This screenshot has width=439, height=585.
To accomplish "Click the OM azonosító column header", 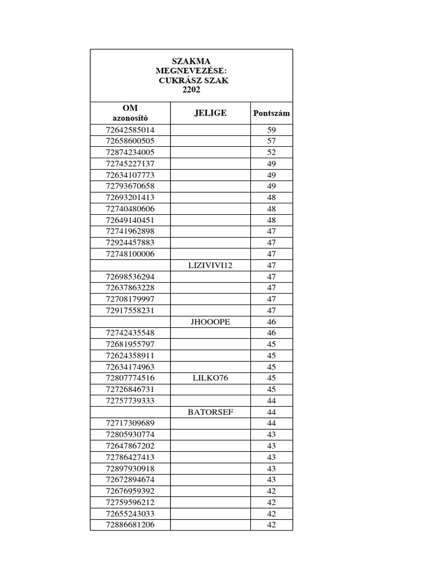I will coord(130,113).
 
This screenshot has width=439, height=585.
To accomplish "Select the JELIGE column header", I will coord(210,113).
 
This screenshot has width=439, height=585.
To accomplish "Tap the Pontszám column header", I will coord(272,113).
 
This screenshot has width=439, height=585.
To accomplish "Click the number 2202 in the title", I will coord(191,90).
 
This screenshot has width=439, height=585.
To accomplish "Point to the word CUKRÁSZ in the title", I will coord(179,81).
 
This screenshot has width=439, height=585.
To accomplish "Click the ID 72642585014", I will coord(130,130).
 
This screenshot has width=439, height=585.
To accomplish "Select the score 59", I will coord(272,130).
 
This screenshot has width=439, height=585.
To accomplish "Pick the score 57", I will coord(272,141).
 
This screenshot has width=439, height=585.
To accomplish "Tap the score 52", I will coord(272,153).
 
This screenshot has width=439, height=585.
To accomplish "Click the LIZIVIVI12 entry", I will coord(210,265).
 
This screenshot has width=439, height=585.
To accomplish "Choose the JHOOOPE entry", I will coord(210,322).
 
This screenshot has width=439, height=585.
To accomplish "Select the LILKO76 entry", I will coord(210,378).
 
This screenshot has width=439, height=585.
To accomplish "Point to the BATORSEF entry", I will coord(210,412).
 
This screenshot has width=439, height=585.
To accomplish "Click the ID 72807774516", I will coord(130,378).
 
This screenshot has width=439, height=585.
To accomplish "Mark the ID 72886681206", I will coord(130,525).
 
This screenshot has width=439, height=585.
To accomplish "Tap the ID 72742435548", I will coord(130,333).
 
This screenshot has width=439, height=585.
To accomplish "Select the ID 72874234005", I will coord(130,153).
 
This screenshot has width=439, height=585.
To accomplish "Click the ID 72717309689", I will coord(130,423).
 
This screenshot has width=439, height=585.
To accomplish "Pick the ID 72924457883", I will coord(130,243).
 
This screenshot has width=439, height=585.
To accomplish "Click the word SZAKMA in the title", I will coord(191,61).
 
